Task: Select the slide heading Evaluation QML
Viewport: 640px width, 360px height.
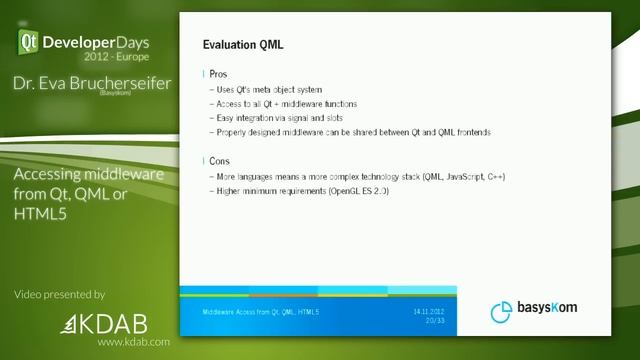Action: click(243, 45)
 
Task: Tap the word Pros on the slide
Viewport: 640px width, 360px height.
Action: click(218, 75)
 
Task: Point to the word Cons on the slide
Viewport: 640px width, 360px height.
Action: click(220, 161)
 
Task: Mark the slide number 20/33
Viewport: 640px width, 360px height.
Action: click(434, 320)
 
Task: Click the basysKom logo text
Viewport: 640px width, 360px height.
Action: click(547, 309)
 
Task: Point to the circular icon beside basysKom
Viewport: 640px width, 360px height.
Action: click(502, 312)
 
